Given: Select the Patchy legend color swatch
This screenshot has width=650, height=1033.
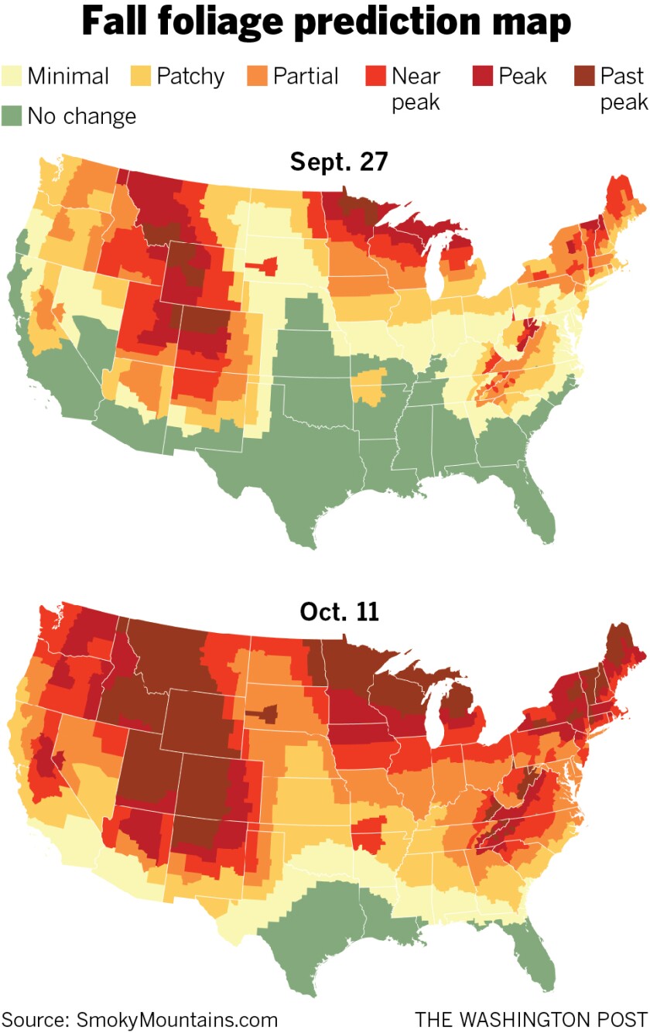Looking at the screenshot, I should coord(142,77).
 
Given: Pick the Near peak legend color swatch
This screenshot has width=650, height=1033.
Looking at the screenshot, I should coord(375,77).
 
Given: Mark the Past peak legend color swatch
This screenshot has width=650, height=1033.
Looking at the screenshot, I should coord(584,77).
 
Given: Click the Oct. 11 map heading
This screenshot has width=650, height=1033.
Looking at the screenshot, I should coord(338,612).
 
